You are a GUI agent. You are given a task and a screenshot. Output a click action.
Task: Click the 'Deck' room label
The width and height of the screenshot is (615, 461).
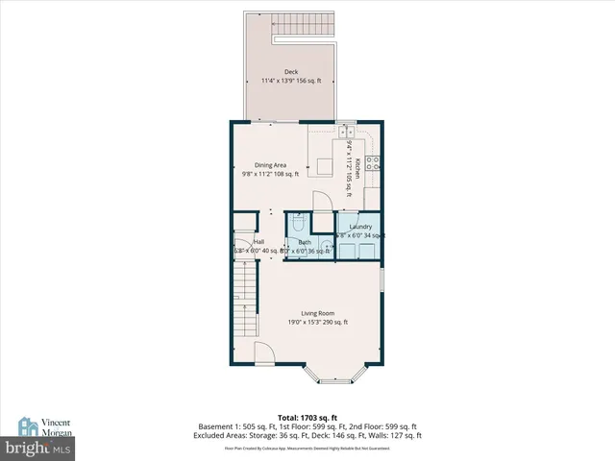coord(290,72)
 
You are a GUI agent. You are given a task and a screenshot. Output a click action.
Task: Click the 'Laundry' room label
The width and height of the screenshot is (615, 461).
coord(360,228)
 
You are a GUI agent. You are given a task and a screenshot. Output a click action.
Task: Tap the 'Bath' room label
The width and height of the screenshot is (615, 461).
coord(304,242)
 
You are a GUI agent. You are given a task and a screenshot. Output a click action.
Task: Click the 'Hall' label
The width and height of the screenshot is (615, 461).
coord(258,242)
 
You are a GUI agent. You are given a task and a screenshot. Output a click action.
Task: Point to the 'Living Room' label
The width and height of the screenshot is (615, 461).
coord(317,313)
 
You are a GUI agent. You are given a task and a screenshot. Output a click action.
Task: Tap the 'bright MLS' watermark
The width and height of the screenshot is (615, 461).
coord(38,448)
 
